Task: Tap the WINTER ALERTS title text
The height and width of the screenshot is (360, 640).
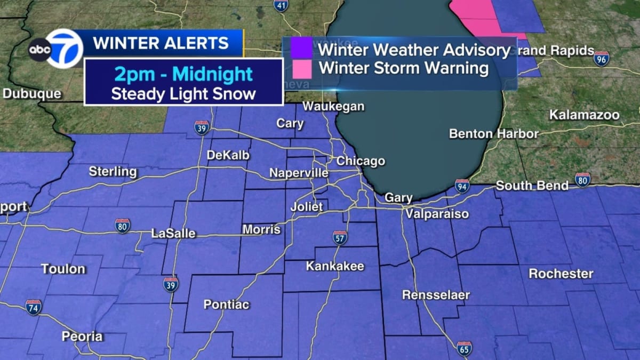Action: (161, 43)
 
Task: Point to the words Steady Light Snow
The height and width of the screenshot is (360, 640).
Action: (183, 94)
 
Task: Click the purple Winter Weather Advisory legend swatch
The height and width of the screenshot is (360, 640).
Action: (301, 50)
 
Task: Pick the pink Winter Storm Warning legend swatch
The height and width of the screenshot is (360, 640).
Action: (301, 68)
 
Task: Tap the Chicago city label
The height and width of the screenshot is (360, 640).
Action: (360, 161)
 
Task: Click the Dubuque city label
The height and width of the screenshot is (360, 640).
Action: (32, 94)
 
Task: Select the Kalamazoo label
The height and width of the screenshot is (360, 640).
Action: (585, 115)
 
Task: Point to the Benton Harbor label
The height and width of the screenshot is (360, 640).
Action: (493, 133)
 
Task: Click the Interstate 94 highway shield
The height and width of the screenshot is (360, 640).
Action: (462, 186)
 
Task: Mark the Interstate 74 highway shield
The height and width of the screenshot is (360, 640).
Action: (33, 307)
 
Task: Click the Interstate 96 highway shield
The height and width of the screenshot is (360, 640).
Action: (602, 58)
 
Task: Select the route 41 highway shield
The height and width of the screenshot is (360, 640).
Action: (281, 5)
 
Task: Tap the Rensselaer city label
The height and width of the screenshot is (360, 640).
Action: (428, 294)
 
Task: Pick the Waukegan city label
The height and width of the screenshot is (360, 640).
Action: (333, 107)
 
